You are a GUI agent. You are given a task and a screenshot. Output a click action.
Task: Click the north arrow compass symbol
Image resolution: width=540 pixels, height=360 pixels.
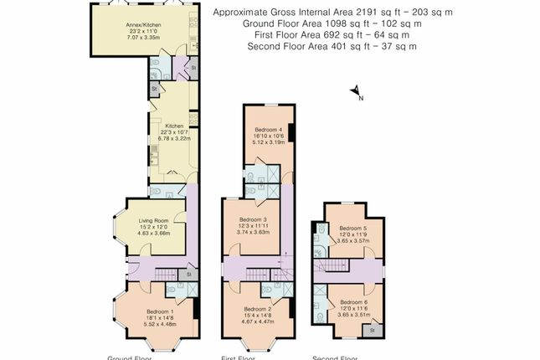point(356,92)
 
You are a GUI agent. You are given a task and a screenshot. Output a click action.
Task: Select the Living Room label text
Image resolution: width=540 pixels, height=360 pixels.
point(154,220)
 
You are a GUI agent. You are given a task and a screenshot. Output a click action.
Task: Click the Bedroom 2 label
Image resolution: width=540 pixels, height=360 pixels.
point(259,308)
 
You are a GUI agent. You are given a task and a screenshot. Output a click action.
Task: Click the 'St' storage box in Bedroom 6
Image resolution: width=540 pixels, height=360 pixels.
point(369,332)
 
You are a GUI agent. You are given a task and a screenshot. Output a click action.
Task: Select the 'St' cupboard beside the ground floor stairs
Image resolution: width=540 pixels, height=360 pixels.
point(189,274)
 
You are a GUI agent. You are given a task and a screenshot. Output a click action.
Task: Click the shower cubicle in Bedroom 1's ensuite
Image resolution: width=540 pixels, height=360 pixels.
point(192,290)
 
